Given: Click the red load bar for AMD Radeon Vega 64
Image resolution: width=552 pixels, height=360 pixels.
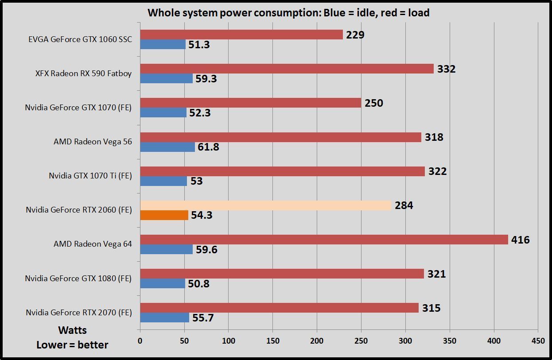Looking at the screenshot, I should tap(323, 240).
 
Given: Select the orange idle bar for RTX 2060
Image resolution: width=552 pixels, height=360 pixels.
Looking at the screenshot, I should tap(164, 215).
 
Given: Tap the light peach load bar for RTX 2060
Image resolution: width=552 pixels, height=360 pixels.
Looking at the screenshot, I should tap(266, 205).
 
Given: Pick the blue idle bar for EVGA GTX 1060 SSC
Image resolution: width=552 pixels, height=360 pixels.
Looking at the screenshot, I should tap(163, 44).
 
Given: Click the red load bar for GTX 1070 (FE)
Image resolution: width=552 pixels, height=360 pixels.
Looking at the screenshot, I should tap(250, 103).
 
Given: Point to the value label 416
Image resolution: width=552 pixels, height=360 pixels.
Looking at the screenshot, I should tap(520, 240).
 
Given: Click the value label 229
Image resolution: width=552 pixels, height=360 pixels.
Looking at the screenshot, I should tap(355, 35).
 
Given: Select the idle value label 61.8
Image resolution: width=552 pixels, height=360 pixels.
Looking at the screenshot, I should tap(208, 147).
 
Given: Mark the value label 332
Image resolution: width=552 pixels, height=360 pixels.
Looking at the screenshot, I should tap(446, 69).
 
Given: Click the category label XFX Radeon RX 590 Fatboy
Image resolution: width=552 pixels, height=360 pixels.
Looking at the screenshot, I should tap(83, 74).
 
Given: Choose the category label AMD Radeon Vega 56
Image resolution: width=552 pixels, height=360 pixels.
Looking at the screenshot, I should tap(93, 142).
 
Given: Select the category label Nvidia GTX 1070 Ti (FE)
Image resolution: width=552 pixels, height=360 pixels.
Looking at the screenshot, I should tap(90, 176).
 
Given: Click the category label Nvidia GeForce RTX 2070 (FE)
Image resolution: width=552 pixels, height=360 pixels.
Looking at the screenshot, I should tap(78, 313).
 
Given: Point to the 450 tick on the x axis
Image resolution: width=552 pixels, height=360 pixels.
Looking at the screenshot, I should tap(538, 341).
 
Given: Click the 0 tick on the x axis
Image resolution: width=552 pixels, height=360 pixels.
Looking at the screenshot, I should tap(140, 341).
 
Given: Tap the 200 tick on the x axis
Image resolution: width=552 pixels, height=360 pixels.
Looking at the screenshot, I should tap(317, 341).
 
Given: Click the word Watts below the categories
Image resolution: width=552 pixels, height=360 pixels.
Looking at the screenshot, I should tap(72, 330).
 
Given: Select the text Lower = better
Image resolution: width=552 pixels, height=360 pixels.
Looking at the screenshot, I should tap(72, 345).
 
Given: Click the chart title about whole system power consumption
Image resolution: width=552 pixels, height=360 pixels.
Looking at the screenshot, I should tap(288, 13).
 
